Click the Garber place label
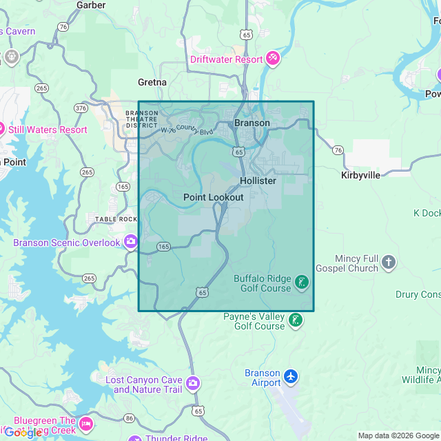(x=91, y=5)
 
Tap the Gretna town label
(x=152, y=82)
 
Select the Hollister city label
(x=258, y=181)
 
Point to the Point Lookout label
(x=213, y=197)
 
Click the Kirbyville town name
(x=360, y=175)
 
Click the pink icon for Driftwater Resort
(x=273, y=59)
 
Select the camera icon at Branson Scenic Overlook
(x=130, y=242)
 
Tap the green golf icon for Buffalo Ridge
(x=301, y=282)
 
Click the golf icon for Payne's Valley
(x=295, y=320)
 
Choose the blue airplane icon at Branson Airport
(x=291, y=376)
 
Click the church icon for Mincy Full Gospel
(x=389, y=262)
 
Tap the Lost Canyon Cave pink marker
(x=193, y=382)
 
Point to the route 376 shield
(x=81, y=108)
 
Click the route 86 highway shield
(x=129, y=418)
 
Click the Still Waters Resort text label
(x=48, y=130)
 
